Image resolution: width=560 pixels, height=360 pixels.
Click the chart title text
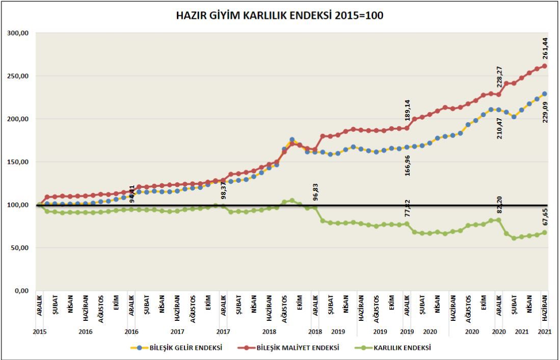coord(280,16)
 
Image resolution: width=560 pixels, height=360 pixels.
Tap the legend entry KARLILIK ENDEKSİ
coord(403,348)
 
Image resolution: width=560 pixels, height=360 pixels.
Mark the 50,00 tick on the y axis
coord(19,248)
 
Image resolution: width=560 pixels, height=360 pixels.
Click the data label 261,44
coord(545,48)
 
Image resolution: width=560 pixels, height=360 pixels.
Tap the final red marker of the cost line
coord(545,66)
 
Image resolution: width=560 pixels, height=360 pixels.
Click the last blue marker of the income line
coord(545,94)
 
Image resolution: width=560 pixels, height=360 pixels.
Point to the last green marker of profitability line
coord(545,233)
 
